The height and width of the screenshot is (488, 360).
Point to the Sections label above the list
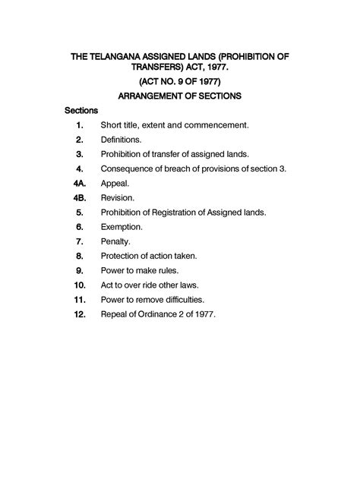81,110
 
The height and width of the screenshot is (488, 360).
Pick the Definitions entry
121,140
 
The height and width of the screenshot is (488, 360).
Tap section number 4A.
79,183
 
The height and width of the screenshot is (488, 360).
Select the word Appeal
115,183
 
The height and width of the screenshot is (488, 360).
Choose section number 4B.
79,197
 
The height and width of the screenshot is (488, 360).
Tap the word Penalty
116,241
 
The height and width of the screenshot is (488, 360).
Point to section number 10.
79,285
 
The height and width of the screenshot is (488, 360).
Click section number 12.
79,313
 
